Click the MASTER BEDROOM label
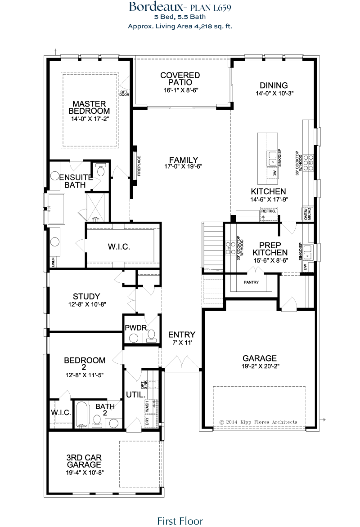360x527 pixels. (89, 107)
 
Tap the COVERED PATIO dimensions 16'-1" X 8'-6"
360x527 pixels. (180, 90)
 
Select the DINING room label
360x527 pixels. (274, 85)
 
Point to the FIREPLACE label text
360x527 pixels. (139, 165)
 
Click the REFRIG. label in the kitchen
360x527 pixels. (269, 211)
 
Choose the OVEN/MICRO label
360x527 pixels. (307, 214)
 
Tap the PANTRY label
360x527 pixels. (252, 282)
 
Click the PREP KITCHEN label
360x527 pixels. (270, 249)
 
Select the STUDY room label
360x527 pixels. (86, 296)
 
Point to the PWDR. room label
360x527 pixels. (137, 328)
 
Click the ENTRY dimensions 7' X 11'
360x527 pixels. (182, 343)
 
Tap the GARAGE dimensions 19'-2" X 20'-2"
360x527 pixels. (260, 366)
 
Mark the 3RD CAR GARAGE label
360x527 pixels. (84, 461)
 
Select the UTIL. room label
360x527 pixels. (135, 395)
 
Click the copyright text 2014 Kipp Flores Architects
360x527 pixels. (258, 422)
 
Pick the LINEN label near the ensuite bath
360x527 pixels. (53, 262)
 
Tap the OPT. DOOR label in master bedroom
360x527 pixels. (124, 93)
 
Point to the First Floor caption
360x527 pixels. (180, 521)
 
